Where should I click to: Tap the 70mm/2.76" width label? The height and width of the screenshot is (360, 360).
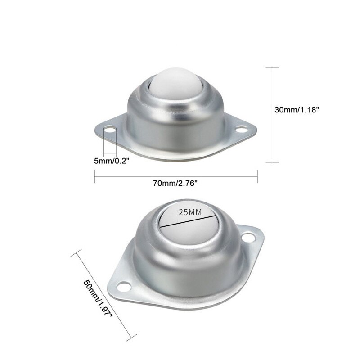pos(175,183)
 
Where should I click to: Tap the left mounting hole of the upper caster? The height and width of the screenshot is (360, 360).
pos(108,130)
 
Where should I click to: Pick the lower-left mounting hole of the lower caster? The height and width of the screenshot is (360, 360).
pos(123,285)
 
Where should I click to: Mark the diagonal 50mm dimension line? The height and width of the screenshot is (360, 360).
pos(103,292)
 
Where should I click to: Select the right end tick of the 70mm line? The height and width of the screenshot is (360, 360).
pos(257,176)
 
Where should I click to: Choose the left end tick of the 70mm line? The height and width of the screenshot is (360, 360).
pos(94,176)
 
